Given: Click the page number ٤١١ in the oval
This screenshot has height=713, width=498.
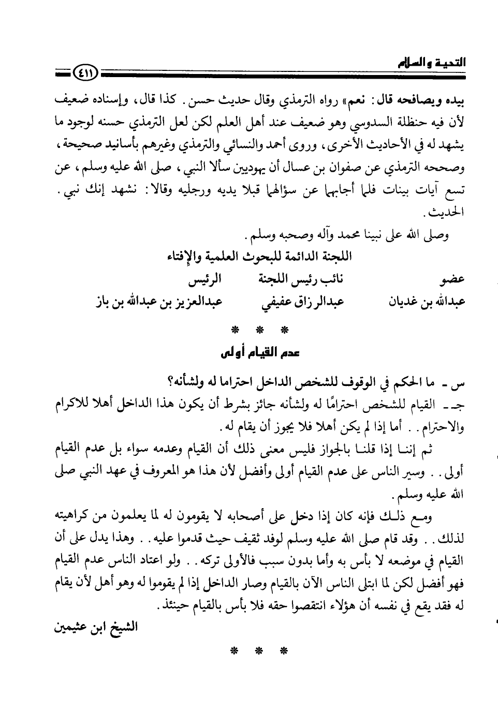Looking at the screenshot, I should (x=84, y=77).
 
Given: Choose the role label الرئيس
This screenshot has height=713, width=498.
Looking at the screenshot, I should (x=204, y=280).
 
